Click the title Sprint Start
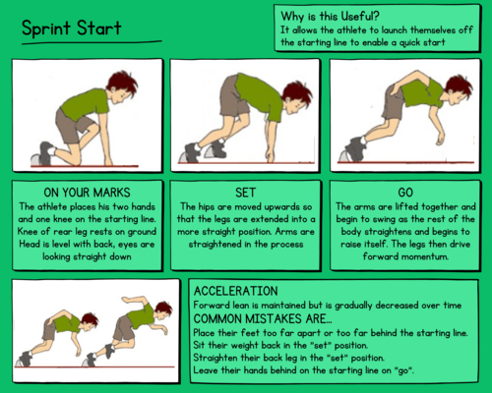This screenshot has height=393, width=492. click(x=72, y=28)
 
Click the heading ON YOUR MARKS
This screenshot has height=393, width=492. click(x=87, y=193)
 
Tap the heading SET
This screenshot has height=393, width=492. click(x=245, y=193)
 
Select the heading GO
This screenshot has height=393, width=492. click(x=405, y=193)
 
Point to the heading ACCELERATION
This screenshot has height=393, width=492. click(x=235, y=291)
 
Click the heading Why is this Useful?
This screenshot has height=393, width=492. click(x=330, y=16)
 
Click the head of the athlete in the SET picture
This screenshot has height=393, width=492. click(x=297, y=96)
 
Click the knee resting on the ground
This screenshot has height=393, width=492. click(x=75, y=160)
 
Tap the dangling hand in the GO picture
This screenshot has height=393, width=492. click(x=440, y=139)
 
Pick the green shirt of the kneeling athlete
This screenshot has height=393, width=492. click(x=85, y=105)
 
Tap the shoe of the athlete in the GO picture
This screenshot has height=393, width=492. click(x=356, y=148)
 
